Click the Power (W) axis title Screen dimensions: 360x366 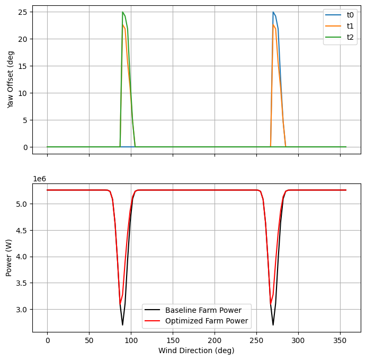click(x=9, y=258)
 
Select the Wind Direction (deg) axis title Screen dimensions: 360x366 click(x=197, y=350)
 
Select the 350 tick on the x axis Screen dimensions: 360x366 click(x=340, y=339)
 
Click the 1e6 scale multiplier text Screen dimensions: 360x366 click(x=40, y=179)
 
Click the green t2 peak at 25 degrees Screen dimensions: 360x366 click(x=122, y=12)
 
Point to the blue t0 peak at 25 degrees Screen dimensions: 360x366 click(x=273, y=12)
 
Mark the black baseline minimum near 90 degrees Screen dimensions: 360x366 click(x=122, y=325)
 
